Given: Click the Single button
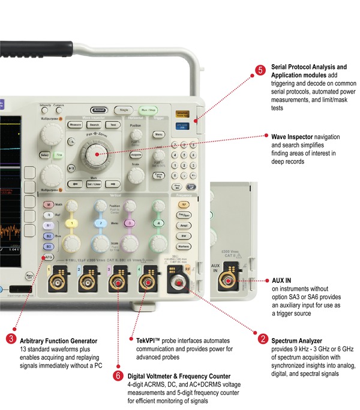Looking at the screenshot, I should (125, 110).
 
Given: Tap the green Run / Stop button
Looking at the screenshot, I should (148, 110).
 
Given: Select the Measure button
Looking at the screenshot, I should (75, 124).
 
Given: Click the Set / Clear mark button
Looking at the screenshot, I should (94, 183).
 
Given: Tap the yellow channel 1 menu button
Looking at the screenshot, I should (73, 223).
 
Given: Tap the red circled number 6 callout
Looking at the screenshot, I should (118, 376).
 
